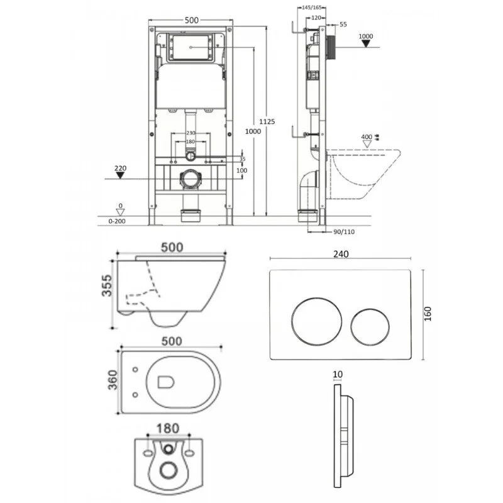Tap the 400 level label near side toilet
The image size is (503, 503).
[367, 137]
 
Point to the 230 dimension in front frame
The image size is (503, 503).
[191, 133]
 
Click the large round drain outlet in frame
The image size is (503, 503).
[190, 179]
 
